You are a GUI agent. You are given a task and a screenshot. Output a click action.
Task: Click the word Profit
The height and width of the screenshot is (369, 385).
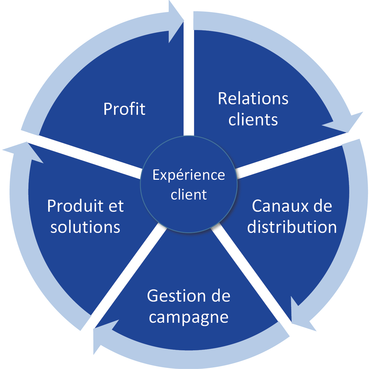124,109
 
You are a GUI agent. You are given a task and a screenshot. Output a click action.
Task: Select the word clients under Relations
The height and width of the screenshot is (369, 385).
253,120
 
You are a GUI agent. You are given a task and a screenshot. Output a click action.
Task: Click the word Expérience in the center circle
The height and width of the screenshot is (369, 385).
189,175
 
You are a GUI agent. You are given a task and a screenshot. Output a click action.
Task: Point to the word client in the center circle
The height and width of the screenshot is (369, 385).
189,195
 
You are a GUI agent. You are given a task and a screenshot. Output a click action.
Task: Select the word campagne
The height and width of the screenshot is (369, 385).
189,317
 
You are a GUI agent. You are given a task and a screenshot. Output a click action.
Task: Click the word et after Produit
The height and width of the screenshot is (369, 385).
116,206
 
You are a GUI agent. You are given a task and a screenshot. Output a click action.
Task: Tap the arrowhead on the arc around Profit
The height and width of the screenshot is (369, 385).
175,22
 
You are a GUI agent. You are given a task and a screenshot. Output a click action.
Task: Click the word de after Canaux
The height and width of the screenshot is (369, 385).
322,206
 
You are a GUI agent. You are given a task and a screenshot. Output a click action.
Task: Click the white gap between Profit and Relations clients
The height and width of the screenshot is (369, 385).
189,81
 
